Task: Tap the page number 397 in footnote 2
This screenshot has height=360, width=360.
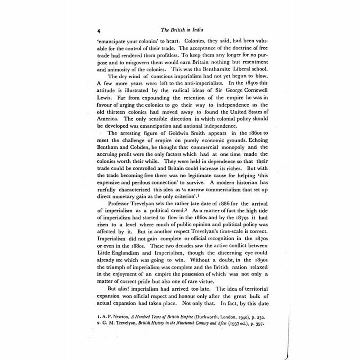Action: (257, 324)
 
